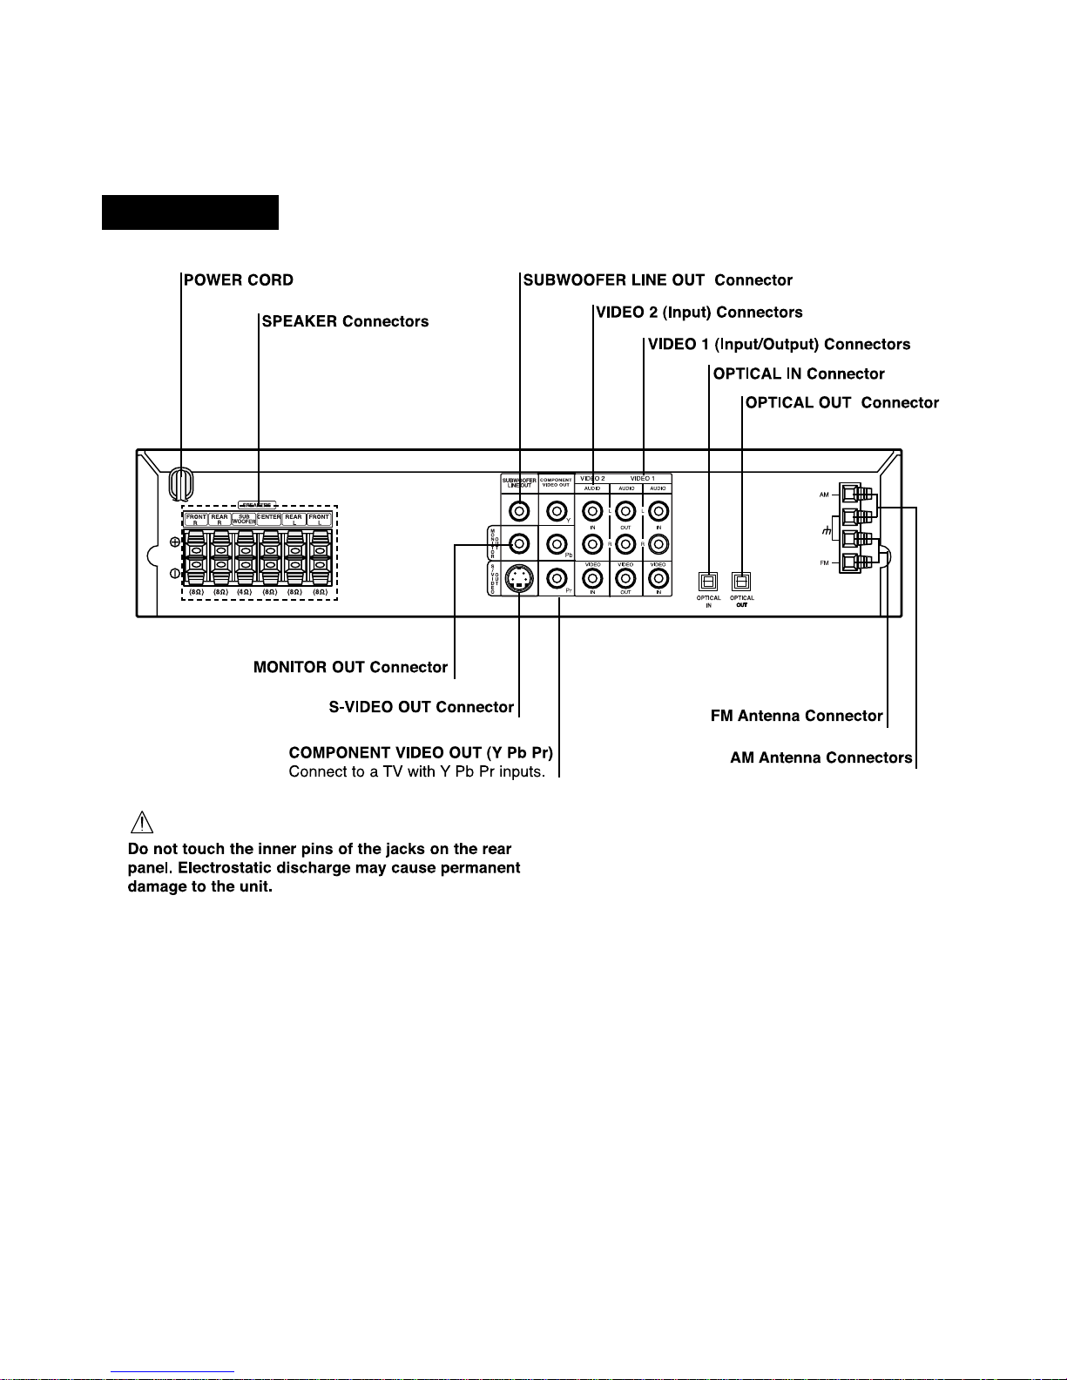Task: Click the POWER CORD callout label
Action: pyautogui.click(x=239, y=280)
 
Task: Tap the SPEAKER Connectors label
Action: pyautogui.click(x=346, y=321)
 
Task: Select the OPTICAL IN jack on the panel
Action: pyautogui.click(x=708, y=581)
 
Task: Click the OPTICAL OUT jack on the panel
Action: pyautogui.click(x=741, y=581)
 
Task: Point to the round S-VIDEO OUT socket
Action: pyautogui.click(x=519, y=579)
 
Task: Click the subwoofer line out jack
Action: pyautogui.click(x=519, y=511)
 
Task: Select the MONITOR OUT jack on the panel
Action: pyautogui.click(x=519, y=545)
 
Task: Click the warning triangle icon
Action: pyautogui.click(x=142, y=821)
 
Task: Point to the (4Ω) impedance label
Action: pyautogui.click(x=245, y=592)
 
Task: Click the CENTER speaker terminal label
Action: pyautogui.click(x=269, y=517)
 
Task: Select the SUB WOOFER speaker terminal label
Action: pyautogui.click(x=245, y=519)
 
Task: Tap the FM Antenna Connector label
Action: pyautogui.click(x=797, y=716)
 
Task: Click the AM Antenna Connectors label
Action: pyautogui.click(x=821, y=757)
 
